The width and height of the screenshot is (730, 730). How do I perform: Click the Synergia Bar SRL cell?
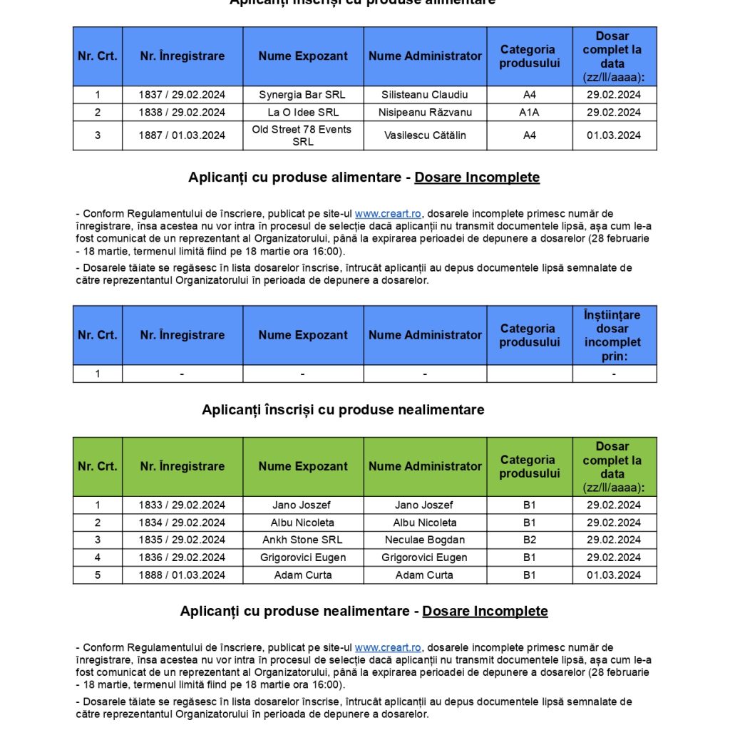click(303, 95)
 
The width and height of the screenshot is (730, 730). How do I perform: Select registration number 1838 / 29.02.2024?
click(182, 113)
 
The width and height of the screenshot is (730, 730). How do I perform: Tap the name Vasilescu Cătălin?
click(425, 135)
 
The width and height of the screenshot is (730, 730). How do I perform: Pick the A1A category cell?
click(529, 113)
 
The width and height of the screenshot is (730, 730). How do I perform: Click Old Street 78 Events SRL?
click(303, 135)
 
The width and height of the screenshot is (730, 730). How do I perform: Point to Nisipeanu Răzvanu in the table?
click(425, 113)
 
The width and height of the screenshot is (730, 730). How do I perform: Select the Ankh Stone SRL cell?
click(303, 540)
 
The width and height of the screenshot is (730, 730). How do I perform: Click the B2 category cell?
click(529, 540)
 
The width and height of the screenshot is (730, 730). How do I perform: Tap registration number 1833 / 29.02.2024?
click(182, 505)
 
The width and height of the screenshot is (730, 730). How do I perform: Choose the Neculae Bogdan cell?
click(425, 540)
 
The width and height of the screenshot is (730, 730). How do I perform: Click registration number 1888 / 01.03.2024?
click(182, 575)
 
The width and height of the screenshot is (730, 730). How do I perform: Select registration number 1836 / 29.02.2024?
click(182, 557)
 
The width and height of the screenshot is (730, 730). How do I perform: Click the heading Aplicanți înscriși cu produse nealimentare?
click(343, 410)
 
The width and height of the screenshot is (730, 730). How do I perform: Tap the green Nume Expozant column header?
click(303, 467)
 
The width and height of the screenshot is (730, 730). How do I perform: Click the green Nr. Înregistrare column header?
click(182, 467)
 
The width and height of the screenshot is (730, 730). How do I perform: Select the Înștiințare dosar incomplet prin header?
click(612, 335)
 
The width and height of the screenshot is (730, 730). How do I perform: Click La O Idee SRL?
click(303, 113)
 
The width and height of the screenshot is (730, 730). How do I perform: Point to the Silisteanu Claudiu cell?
click(425, 95)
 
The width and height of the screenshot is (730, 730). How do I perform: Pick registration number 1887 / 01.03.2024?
click(182, 135)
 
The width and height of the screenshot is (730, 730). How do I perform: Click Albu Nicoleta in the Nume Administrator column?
click(425, 523)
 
